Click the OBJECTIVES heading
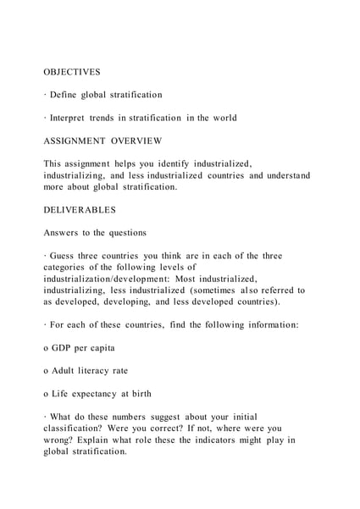tap(72, 72)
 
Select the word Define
tap(65, 95)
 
